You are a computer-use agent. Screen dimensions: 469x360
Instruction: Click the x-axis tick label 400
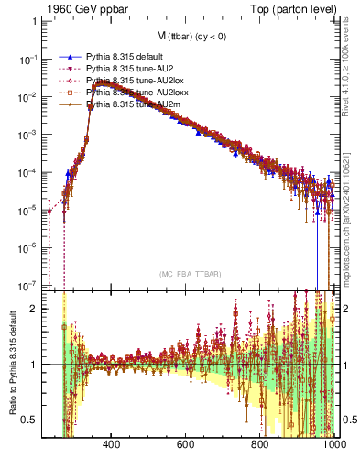click(x=112, y=444)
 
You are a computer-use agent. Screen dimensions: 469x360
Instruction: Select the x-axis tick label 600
click(x=186, y=444)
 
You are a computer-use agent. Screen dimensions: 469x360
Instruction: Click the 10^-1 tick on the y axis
click(x=28, y=59)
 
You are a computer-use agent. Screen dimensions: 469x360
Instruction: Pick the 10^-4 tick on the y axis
click(x=28, y=171)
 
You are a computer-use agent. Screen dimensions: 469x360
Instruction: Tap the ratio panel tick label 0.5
click(x=31, y=420)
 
